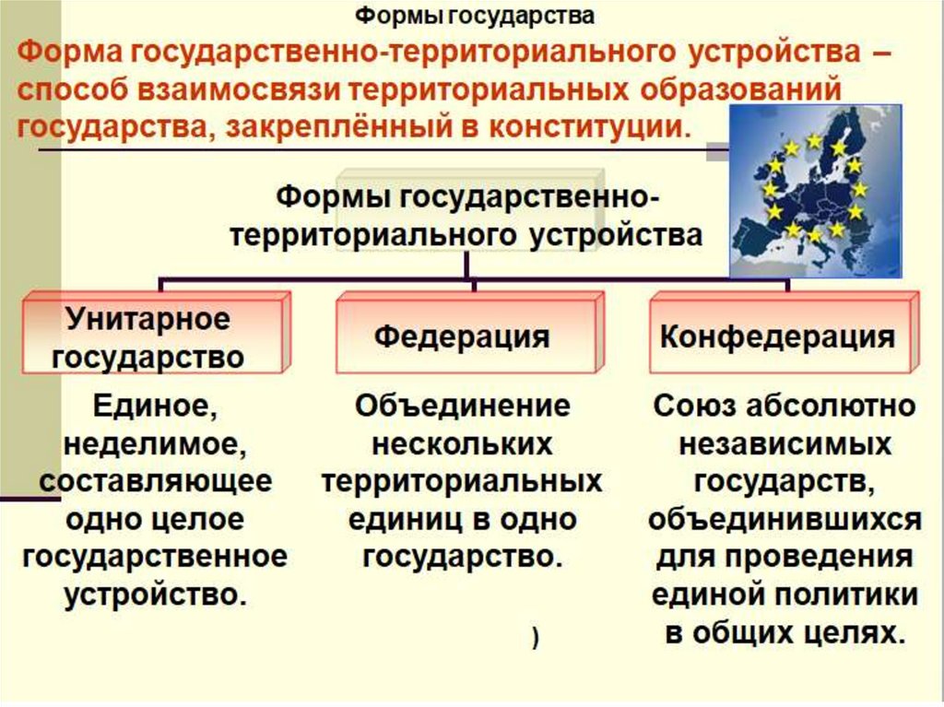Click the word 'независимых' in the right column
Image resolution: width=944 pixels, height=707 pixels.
(785, 444)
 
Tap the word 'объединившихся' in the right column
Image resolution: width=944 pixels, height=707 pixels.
(785, 520)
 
